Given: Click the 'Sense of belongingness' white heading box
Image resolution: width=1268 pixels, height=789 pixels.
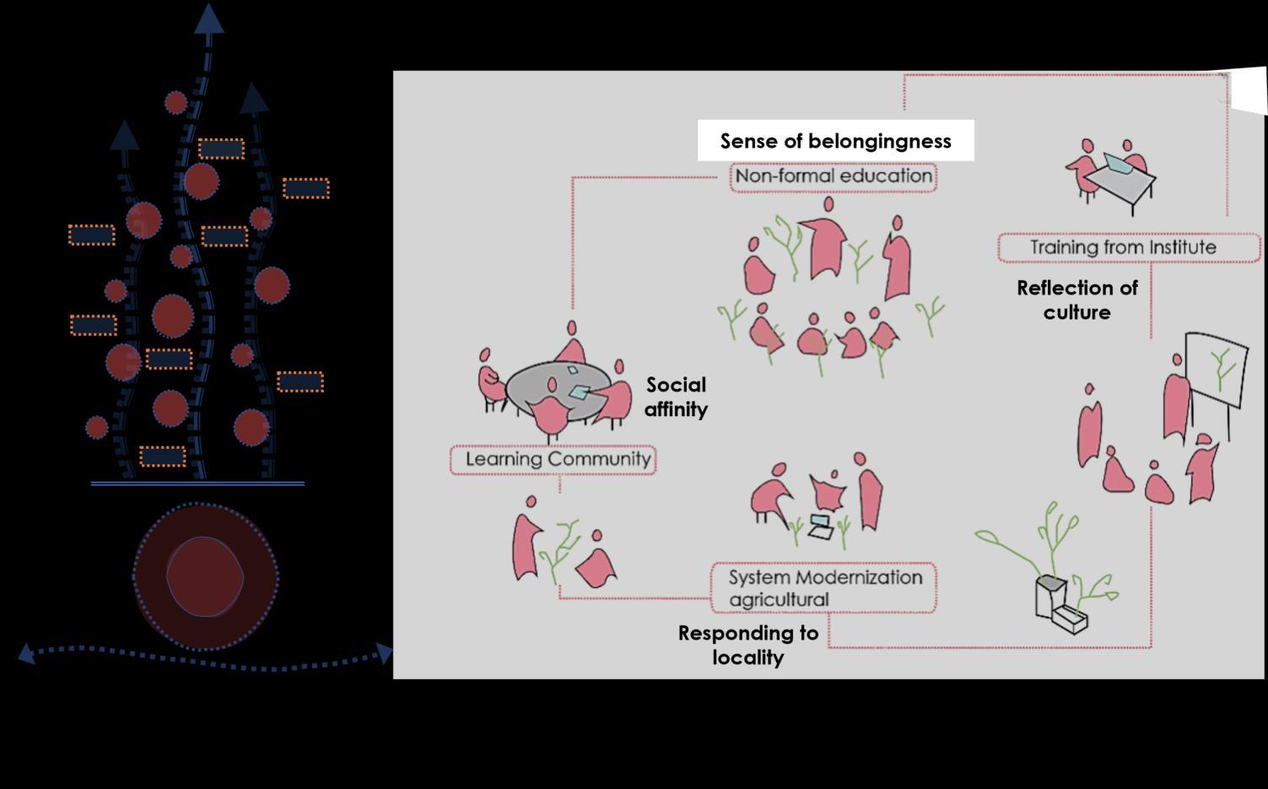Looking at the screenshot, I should (x=835, y=141).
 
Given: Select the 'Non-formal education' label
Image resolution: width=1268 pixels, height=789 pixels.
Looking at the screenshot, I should (x=834, y=176).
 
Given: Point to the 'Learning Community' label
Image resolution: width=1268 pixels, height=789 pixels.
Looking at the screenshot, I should (x=553, y=460).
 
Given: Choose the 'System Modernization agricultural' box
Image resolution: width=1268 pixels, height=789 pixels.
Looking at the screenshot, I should (x=823, y=588).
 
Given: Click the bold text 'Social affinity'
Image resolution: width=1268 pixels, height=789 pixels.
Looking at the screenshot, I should (x=676, y=397).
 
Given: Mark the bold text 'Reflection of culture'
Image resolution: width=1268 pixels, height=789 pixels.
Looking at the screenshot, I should (x=1077, y=300).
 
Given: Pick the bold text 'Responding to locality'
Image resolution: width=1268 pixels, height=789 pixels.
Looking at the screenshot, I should (x=748, y=645).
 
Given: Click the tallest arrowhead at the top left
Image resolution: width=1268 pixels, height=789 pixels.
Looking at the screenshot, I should (x=209, y=19).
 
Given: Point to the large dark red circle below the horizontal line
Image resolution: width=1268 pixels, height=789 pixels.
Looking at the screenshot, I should (x=205, y=577).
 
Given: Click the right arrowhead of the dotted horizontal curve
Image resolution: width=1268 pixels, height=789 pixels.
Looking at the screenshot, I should (x=386, y=653).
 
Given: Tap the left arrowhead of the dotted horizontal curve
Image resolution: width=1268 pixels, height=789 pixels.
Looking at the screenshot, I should (x=26, y=653).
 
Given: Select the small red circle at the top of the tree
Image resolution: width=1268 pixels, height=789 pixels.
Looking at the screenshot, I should (x=175, y=103).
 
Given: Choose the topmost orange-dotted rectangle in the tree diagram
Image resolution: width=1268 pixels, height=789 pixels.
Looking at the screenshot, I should (x=221, y=149).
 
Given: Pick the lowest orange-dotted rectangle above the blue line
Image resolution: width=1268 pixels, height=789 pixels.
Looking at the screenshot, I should (x=163, y=457).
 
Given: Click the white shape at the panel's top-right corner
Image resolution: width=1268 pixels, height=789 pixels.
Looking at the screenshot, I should (x=1250, y=90).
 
